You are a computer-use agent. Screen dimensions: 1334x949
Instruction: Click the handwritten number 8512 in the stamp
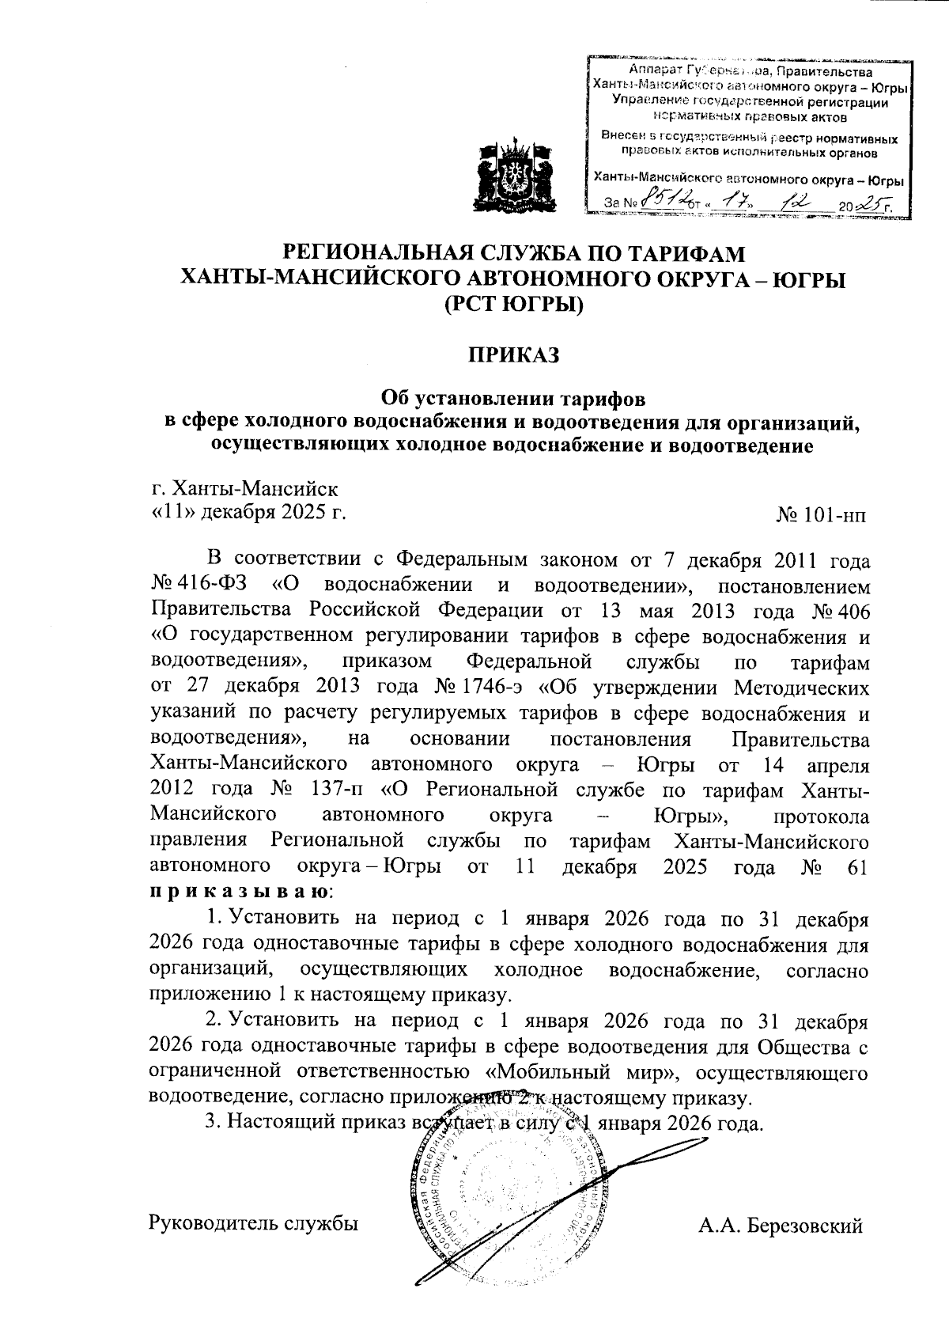click(665, 203)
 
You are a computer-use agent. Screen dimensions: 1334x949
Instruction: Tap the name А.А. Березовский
click(779, 1226)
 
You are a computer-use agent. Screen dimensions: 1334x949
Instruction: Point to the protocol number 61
click(857, 867)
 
